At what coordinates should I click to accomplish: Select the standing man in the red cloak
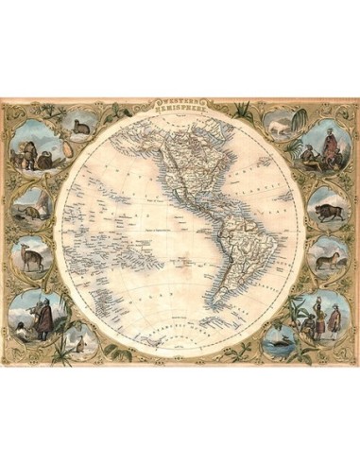[x=42, y=317]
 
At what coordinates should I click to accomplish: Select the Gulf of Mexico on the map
[x=198, y=194]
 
